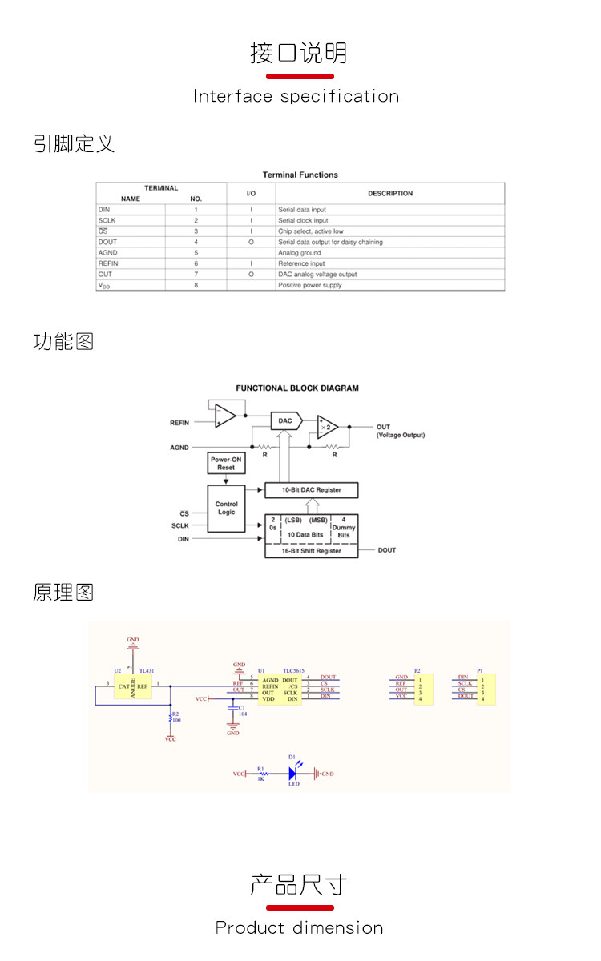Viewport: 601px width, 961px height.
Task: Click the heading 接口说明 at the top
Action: (x=299, y=53)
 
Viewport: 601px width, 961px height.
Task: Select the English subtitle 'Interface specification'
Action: (x=296, y=97)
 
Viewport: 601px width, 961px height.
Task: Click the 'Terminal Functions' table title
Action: (x=300, y=175)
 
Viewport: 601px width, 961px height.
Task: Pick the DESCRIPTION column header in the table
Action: (x=390, y=193)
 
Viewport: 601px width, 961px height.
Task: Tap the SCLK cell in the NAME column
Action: (x=107, y=220)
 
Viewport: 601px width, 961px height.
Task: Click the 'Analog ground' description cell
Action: (x=300, y=252)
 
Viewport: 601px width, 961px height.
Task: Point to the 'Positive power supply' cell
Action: (x=310, y=285)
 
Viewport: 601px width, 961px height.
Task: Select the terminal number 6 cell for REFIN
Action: (x=196, y=263)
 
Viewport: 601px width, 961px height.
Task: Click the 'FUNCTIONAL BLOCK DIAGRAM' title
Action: (x=297, y=388)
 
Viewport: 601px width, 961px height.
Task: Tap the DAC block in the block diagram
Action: (x=286, y=420)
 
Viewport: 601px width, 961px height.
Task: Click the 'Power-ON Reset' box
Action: (x=226, y=463)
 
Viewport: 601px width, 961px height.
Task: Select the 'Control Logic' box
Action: (x=227, y=508)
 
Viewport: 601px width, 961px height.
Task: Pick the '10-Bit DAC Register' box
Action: (x=311, y=489)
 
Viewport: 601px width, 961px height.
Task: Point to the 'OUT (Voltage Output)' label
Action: (x=400, y=431)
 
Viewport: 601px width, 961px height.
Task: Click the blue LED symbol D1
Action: (x=293, y=774)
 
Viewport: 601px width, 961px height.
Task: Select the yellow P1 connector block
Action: (x=485, y=689)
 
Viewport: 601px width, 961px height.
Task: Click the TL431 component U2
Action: (x=133, y=686)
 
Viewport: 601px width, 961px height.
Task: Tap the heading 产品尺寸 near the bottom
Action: (x=299, y=886)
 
